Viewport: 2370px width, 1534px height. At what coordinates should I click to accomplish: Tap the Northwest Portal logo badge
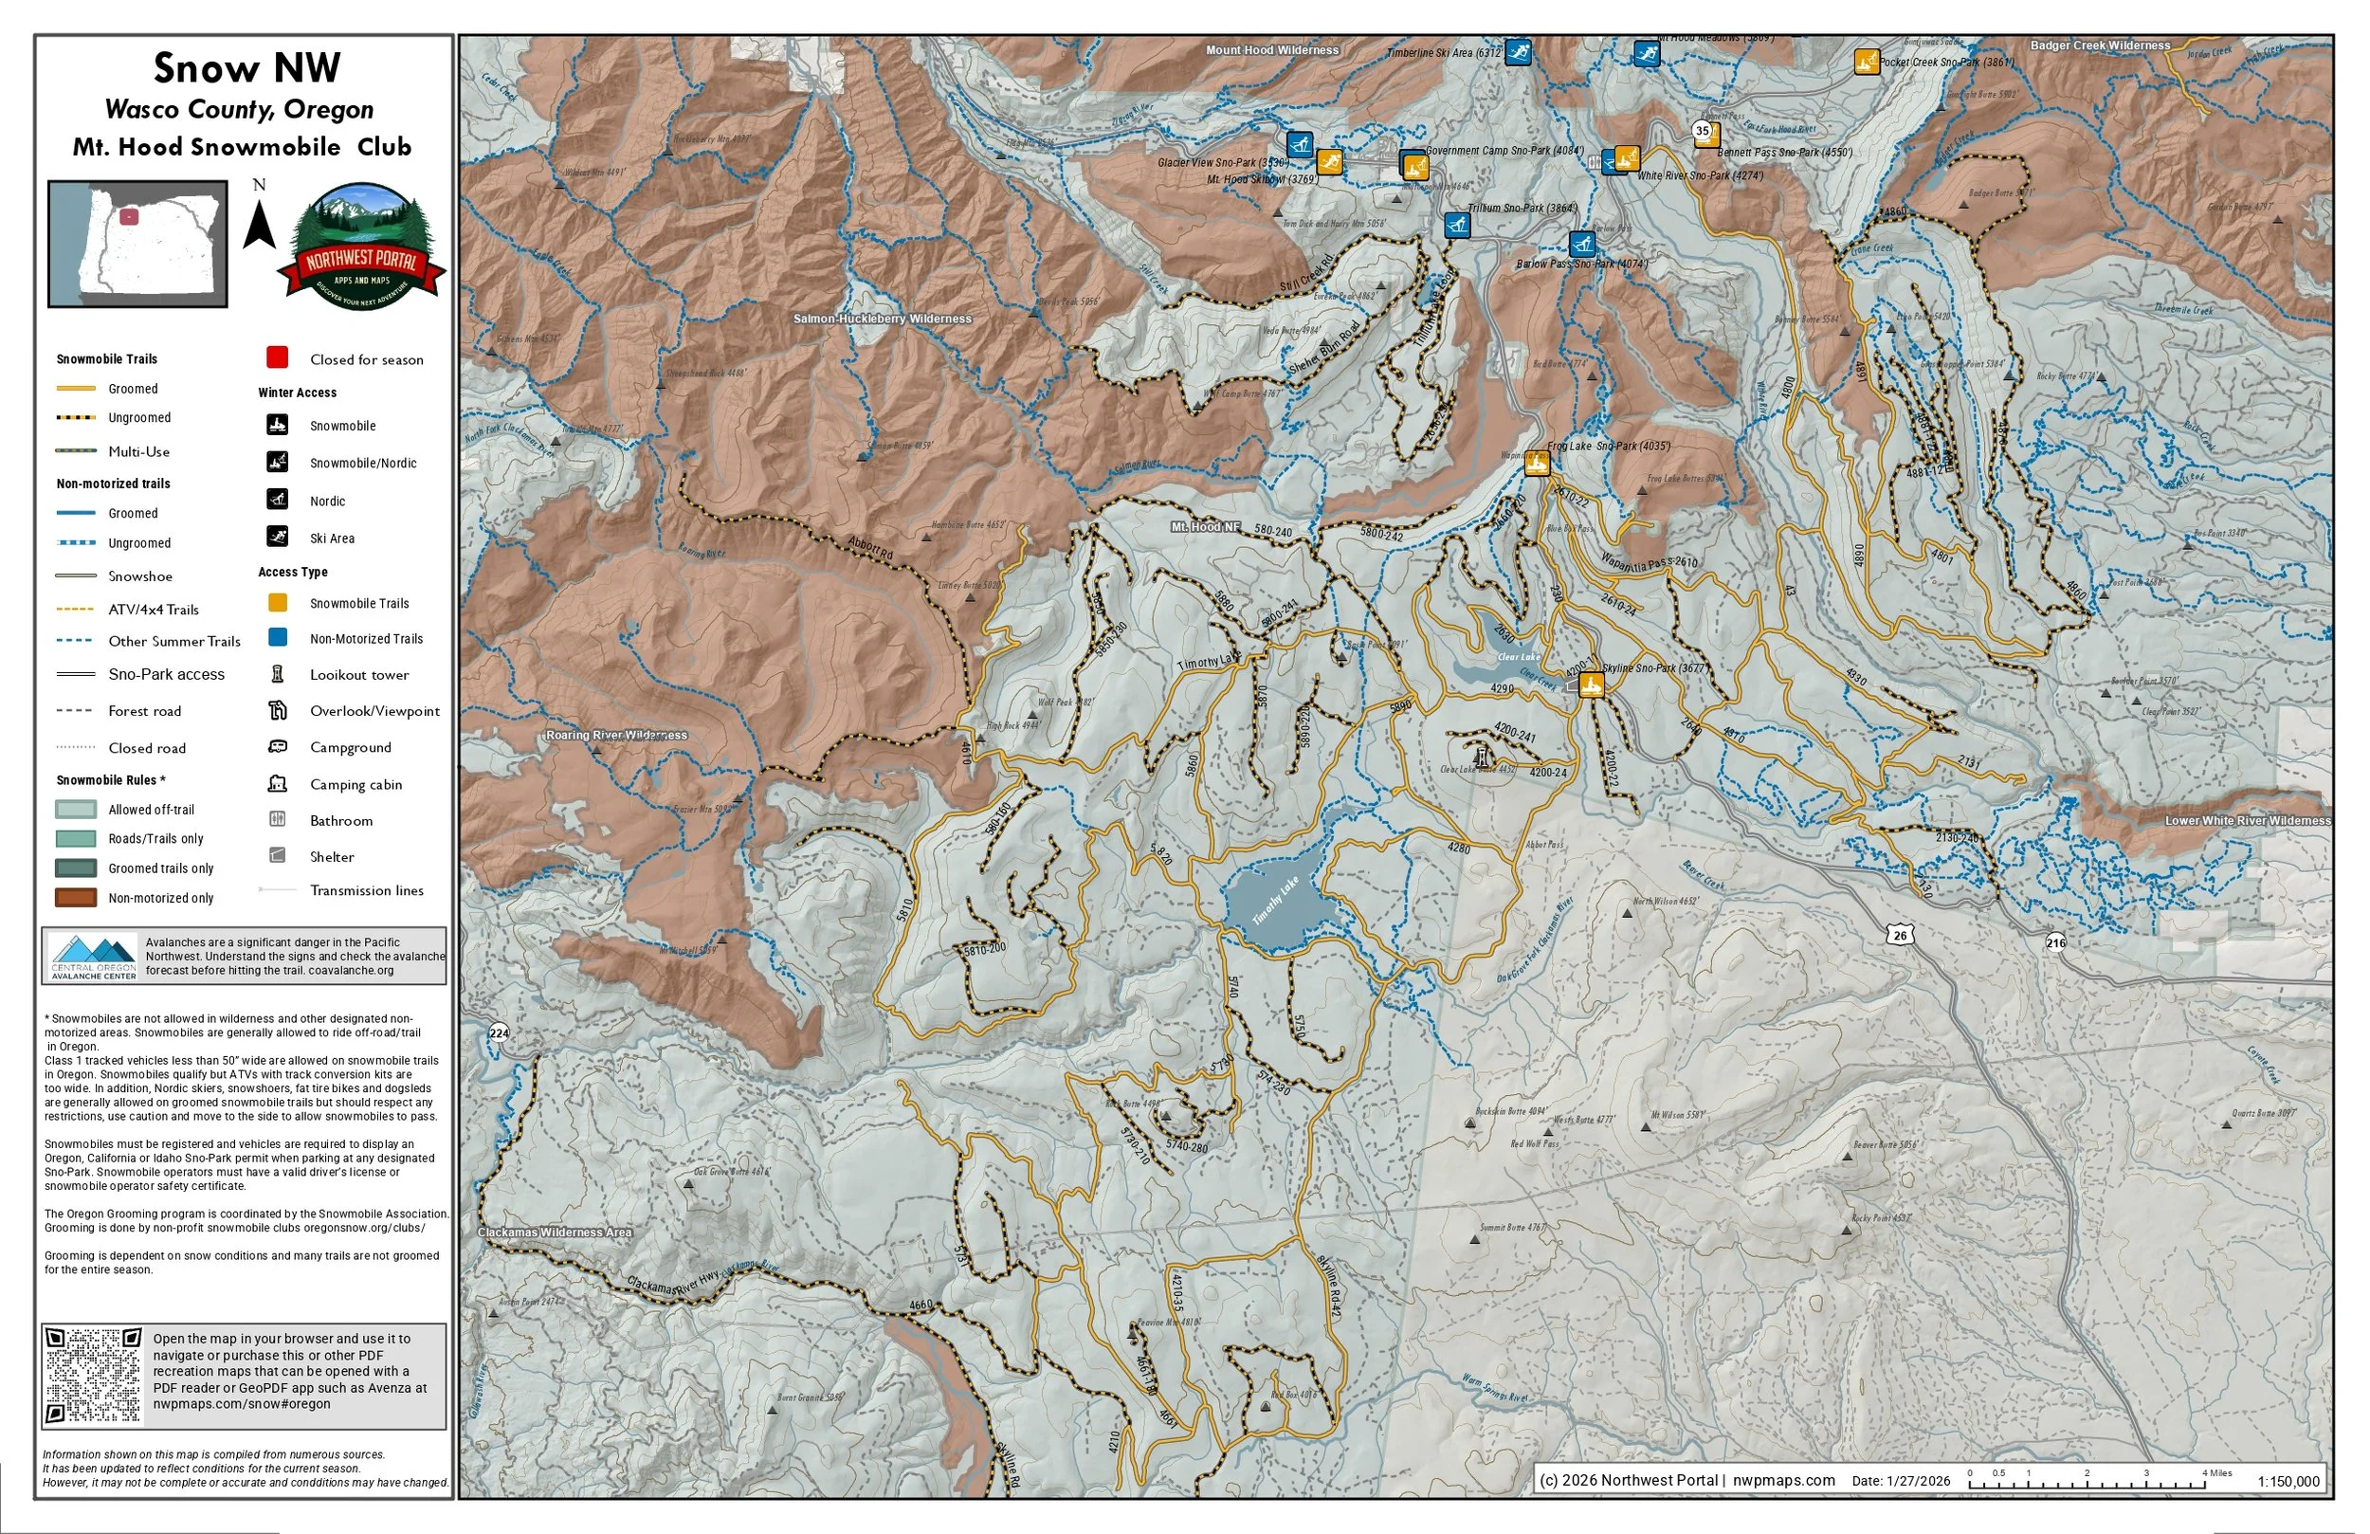(x=361, y=247)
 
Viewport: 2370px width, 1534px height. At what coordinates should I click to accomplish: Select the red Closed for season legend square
(x=277, y=357)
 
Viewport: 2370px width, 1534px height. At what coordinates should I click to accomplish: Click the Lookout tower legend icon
(x=278, y=674)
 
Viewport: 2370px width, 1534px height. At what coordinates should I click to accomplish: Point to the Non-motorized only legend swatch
(x=76, y=898)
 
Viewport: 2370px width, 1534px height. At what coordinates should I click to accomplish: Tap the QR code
(x=94, y=1376)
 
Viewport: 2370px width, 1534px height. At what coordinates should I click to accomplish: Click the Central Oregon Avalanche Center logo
(x=94, y=957)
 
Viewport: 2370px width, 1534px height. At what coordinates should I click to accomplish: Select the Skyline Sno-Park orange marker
(x=1591, y=685)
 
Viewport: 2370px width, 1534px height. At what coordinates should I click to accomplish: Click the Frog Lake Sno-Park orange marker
(x=1537, y=464)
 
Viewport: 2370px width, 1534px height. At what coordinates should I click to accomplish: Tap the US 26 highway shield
(x=1900, y=935)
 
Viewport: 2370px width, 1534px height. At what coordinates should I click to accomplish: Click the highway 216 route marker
(x=2055, y=942)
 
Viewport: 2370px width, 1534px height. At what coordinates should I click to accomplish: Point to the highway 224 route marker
(x=499, y=1033)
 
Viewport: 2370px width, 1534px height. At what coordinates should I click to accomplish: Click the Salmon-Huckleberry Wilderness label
(x=882, y=319)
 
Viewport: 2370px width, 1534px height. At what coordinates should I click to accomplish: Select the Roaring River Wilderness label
(x=615, y=735)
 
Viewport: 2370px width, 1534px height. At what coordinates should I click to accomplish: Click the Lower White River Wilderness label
(x=2247, y=821)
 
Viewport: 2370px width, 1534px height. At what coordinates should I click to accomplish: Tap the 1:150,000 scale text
(x=2288, y=1481)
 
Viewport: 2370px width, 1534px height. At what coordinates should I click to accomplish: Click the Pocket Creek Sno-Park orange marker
(x=1866, y=62)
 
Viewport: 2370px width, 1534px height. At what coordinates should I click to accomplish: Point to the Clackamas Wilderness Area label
(x=555, y=1233)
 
